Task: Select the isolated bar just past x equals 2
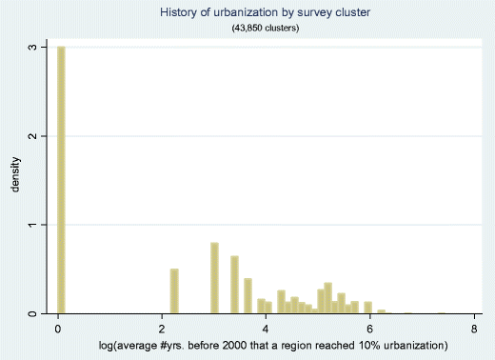point(174,290)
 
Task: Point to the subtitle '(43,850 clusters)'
point(267,29)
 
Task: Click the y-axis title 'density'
point(15,178)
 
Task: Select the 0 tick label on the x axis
point(59,329)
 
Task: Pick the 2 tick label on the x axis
point(163,329)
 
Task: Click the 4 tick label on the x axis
point(267,329)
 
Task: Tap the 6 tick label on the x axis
point(370,329)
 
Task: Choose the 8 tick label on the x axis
point(474,329)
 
